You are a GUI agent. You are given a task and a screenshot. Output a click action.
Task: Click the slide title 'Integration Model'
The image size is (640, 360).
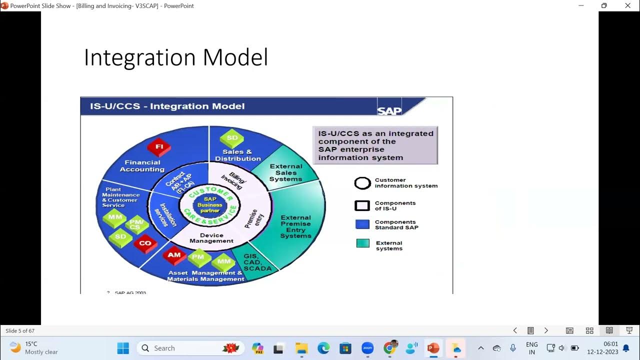(x=175, y=57)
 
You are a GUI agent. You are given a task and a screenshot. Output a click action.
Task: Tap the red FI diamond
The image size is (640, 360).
(x=159, y=147)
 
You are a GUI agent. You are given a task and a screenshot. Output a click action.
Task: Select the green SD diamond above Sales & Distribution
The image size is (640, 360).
(x=232, y=138)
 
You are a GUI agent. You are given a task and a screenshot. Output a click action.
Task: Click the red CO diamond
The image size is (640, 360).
(x=145, y=243)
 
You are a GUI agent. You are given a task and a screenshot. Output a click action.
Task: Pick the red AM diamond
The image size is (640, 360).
(x=174, y=255)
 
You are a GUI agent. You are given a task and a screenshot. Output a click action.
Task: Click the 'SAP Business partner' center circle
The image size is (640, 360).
(x=210, y=205)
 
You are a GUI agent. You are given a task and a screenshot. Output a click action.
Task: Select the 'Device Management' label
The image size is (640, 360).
(x=211, y=238)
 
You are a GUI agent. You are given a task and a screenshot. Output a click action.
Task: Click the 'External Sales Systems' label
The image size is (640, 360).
(x=286, y=172)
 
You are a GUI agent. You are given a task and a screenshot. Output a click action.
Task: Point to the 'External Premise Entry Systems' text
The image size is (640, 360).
(x=295, y=226)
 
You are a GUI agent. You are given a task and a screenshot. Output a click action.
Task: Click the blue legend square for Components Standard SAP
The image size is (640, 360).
(x=362, y=224)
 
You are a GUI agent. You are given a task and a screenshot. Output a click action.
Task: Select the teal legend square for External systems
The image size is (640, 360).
(x=362, y=243)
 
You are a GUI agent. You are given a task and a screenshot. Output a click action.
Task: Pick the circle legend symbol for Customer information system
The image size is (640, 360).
(x=362, y=183)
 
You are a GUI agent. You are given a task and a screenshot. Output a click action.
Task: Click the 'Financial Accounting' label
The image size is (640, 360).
(x=142, y=166)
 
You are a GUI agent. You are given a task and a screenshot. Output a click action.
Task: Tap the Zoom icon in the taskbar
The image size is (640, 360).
(x=367, y=348)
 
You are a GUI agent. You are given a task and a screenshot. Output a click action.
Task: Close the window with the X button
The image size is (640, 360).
(x=628, y=5)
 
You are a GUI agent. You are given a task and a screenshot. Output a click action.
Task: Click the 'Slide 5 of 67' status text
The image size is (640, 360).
(x=20, y=331)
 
